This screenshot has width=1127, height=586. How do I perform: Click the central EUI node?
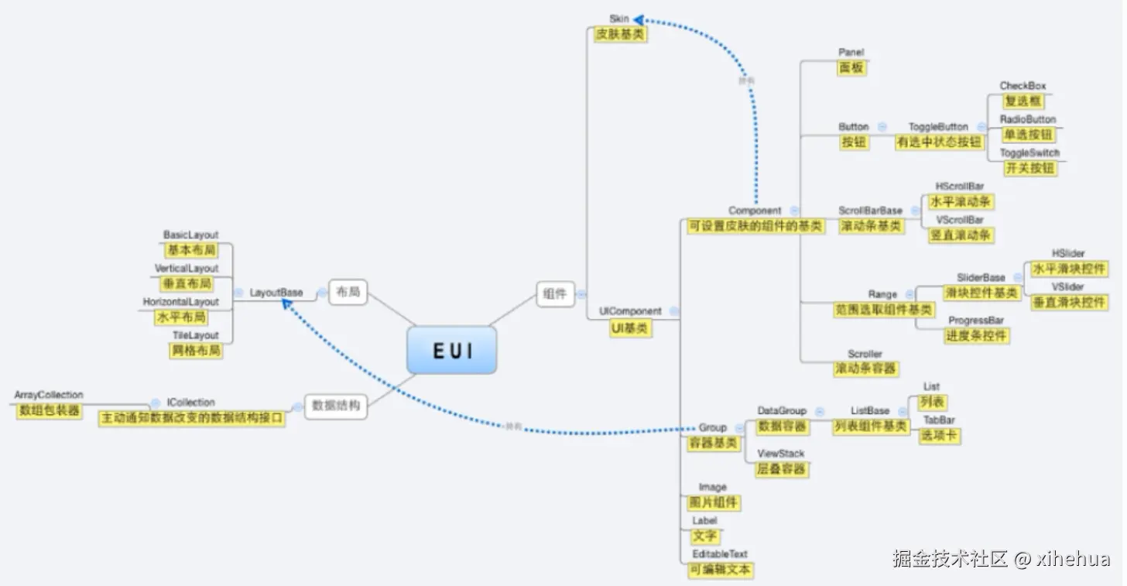(x=452, y=351)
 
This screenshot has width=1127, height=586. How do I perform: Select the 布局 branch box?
(x=348, y=292)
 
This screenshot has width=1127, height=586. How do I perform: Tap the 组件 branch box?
(x=555, y=293)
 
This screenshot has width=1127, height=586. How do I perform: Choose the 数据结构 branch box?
(x=335, y=406)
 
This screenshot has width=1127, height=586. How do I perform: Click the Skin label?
(x=619, y=19)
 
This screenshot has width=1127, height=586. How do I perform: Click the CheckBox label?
(x=1023, y=86)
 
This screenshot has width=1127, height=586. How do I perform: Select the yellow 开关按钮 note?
(x=1029, y=168)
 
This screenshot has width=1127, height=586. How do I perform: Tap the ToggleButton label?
(x=938, y=127)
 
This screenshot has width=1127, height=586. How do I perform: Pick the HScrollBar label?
(x=960, y=187)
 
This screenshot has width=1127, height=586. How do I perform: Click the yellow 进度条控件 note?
(x=977, y=336)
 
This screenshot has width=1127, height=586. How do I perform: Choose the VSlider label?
(x=1068, y=286)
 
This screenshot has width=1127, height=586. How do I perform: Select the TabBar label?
(x=939, y=420)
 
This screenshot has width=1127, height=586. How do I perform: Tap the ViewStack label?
(x=781, y=454)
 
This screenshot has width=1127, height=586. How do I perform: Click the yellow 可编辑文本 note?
(x=720, y=571)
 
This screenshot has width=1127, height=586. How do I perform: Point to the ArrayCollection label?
(x=49, y=396)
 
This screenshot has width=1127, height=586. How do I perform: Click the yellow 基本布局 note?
(x=191, y=250)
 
